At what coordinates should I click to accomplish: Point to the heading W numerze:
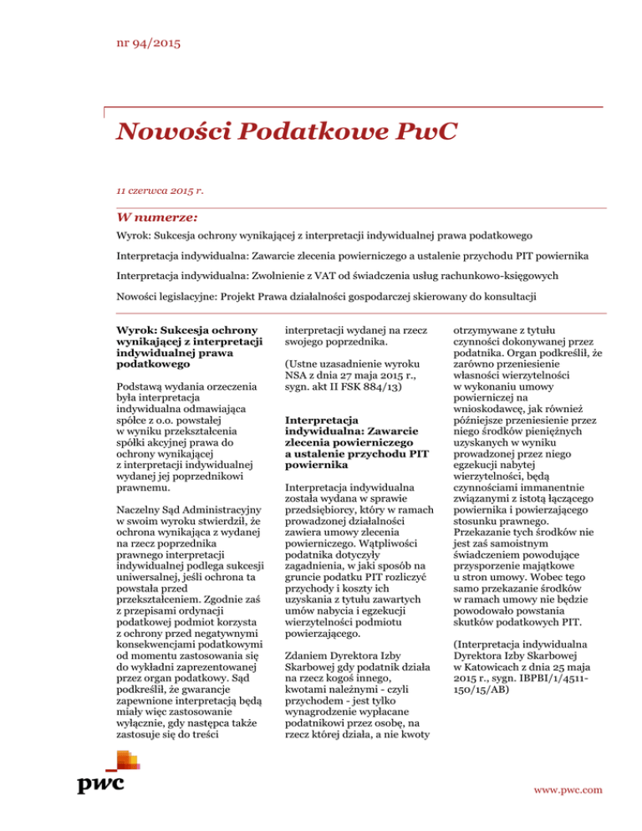pyautogui.click(x=150, y=217)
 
